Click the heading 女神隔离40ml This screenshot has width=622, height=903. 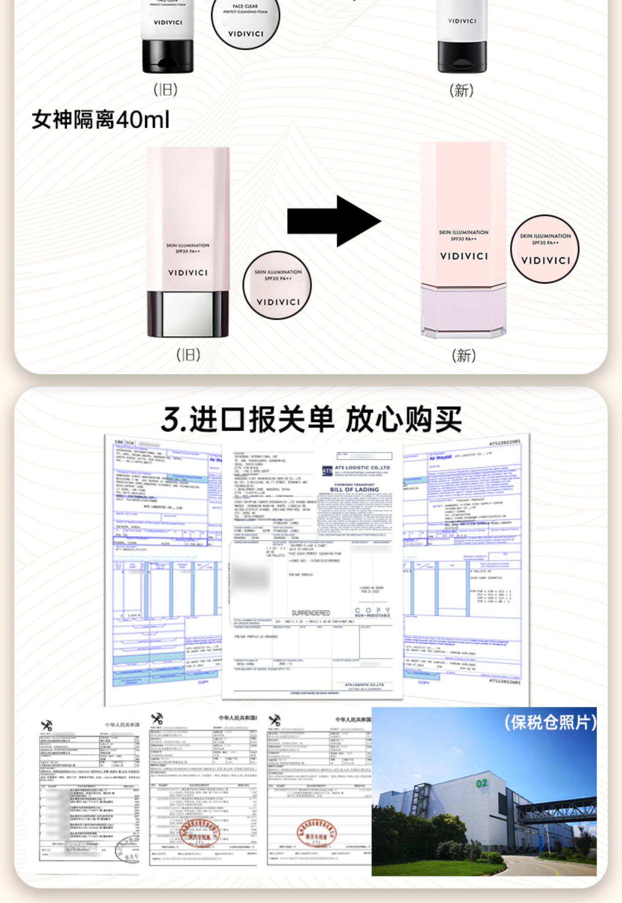point(100,120)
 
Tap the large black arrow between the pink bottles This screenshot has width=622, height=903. point(334,221)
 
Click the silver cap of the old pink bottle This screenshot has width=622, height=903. point(187,313)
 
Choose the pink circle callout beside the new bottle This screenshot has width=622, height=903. point(545,249)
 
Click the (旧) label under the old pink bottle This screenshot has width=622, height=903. point(188,355)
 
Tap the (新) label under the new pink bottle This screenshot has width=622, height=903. point(464,355)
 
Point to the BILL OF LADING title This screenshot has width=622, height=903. point(354,490)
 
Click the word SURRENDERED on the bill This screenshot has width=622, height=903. point(311,613)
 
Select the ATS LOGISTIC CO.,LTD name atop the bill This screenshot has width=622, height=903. point(362,468)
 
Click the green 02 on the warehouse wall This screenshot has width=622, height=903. point(481,783)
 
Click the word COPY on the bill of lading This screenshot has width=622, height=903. point(372,610)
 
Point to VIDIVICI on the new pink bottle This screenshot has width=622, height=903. point(464,256)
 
